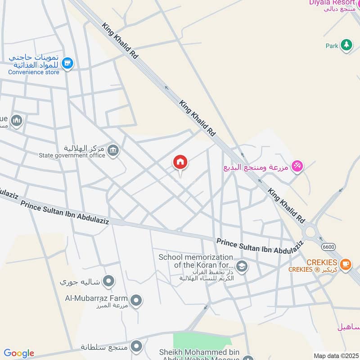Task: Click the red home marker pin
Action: click(180, 162)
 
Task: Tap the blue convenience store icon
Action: click(68, 63)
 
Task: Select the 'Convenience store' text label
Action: click(34, 72)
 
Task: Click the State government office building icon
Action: click(113, 151)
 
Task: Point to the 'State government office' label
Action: click(72, 156)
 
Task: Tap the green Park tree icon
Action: click(346, 45)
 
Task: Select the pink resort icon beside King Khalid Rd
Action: click(297, 167)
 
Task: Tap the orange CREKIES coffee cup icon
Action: click(345, 264)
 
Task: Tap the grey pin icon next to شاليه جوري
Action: click(108, 282)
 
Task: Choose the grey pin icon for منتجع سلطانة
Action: click(136, 346)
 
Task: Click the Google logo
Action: click(18, 353)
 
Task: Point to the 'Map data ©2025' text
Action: click(336, 356)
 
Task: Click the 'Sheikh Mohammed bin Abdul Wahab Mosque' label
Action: click(200, 355)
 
